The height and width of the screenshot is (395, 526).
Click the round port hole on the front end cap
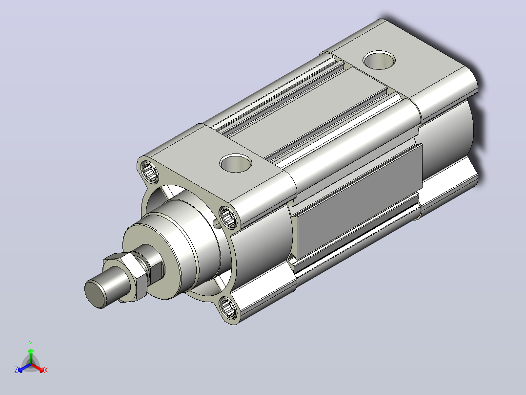click(x=236, y=163)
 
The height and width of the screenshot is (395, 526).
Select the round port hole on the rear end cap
click(x=379, y=60)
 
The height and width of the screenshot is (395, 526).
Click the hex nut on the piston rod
click(x=125, y=277)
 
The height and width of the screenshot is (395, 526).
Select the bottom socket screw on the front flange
click(x=228, y=307)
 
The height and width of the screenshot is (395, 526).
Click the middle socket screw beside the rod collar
click(x=228, y=217)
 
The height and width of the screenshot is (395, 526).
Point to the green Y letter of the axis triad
click(x=31, y=344)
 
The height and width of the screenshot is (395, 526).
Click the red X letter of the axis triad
click(x=46, y=370)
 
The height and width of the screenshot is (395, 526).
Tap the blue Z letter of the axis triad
click(x=16, y=370)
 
